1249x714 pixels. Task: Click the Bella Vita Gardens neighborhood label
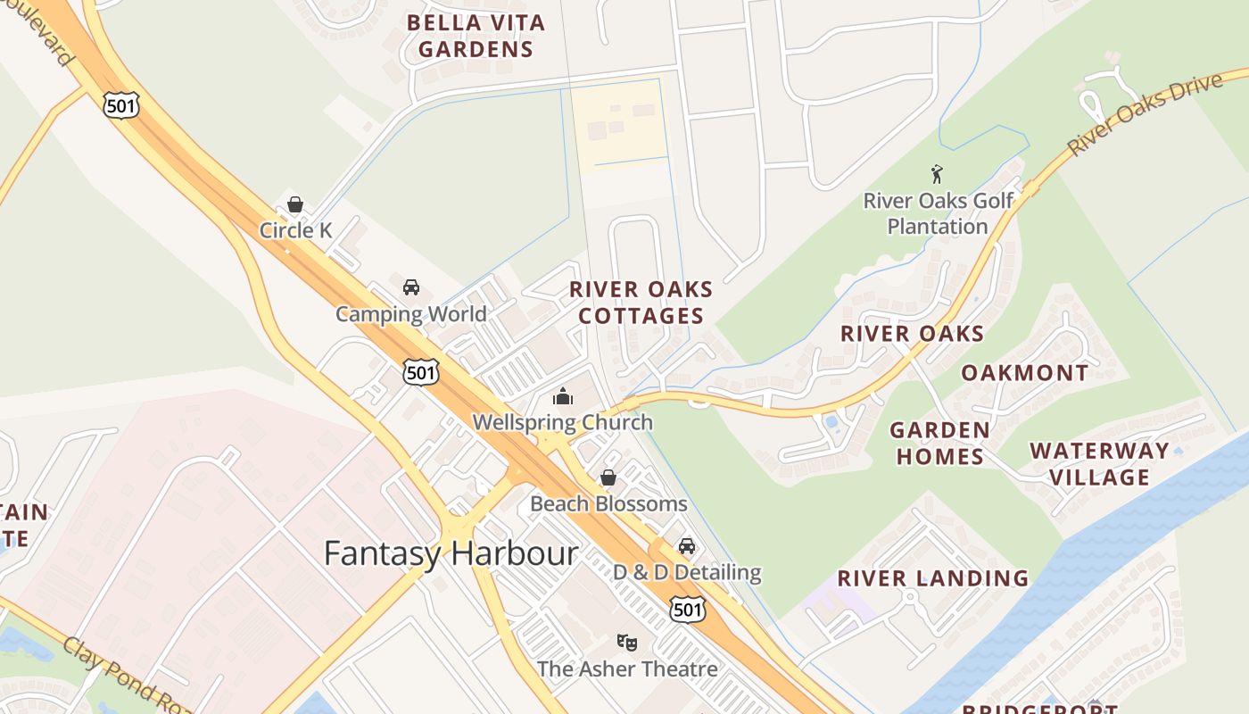(475, 36)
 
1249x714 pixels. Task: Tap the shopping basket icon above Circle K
(295, 204)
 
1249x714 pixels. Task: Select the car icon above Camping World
(410, 287)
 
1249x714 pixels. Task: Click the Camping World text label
(410, 314)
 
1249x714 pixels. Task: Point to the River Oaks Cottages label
(641, 303)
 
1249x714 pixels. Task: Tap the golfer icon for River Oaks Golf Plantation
(937, 174)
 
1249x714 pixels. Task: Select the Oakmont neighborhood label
(1024, 373)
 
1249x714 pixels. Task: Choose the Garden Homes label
(939, 443)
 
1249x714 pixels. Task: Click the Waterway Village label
(1099, 463)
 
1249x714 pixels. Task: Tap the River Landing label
(932, 578)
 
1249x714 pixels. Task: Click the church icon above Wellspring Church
(563, 396)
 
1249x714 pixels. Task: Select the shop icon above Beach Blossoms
(608, 477)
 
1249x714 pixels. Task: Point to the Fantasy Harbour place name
(451, 553)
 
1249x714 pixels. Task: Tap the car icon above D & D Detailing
(686, 546)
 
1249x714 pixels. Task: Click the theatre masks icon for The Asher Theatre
(627, 643)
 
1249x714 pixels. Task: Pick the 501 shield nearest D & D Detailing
(687, 610)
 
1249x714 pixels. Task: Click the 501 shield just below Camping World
(420, 371)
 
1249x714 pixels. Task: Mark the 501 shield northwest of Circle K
(120, 105)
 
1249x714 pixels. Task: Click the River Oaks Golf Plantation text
(938, 213)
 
